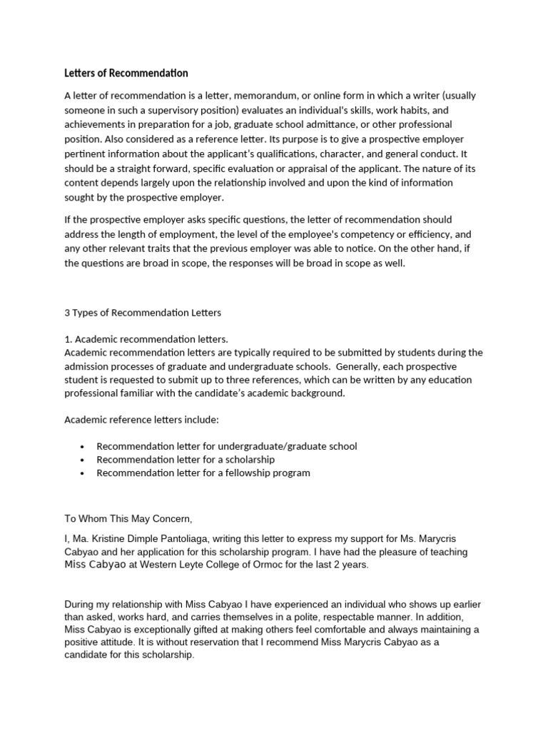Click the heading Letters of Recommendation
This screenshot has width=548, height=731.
click(x=126, y=73)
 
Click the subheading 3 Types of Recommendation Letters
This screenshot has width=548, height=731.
click(x=143, y=313)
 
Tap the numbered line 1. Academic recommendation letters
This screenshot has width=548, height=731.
click(x=146, y=339)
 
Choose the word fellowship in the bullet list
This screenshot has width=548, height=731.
click(x=233, y=473)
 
